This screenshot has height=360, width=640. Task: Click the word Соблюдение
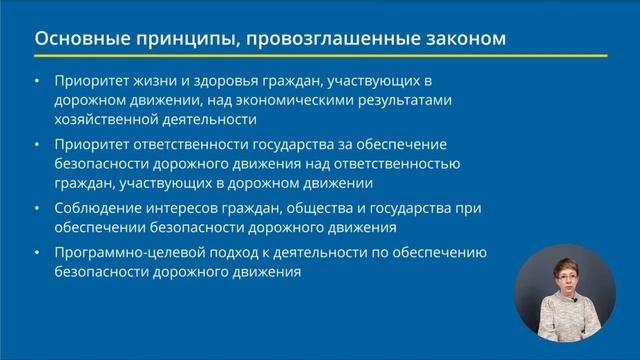tap(103, 208)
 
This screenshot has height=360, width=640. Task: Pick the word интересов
tap(191, 208)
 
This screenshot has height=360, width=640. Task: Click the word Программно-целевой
tap(133, 252)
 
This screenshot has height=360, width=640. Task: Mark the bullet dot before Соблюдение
tap(37, 208)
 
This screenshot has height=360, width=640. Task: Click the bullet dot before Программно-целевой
tap(37, 252)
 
